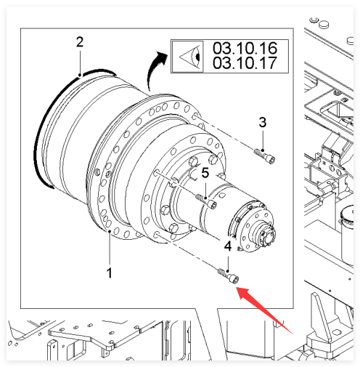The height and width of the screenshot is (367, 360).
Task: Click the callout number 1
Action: click(x=110, y=273)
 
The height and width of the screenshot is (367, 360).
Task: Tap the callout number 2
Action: click(x=80, y=42)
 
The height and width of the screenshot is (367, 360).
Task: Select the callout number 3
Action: click(x=263, y=122)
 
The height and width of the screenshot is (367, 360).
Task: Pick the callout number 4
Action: click(x=228, y=246)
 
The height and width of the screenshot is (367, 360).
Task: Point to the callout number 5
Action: click(x=205, y=173)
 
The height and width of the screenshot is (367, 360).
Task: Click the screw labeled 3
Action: click(x=264, y=156)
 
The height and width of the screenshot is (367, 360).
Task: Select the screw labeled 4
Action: click(x=229, y=276)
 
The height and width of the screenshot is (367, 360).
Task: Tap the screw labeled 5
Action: click(x=207, y=201)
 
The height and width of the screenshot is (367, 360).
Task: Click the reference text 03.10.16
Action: click(x=245, y=48)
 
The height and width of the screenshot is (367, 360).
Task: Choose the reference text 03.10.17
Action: click(x=245, y=62)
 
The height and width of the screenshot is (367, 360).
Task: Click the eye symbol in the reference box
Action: click(x=190, y=57)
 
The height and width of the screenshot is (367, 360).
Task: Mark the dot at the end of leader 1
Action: click(x=110, y=232)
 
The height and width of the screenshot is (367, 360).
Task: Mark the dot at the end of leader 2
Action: click(x=80, y=75)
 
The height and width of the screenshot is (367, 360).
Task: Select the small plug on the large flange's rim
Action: click(x=97, y=172)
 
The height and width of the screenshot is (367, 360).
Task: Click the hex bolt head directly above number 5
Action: click(x=213, y=160)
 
